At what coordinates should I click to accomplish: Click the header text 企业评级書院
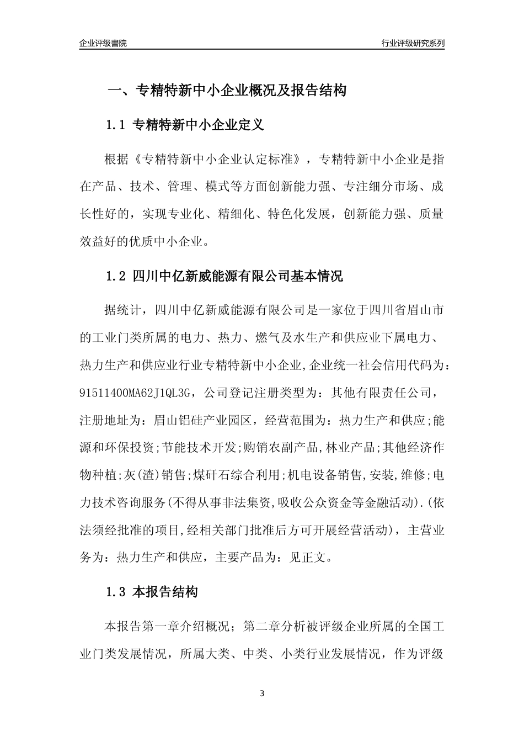point(103,43)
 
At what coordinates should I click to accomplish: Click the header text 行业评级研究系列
point(413,43)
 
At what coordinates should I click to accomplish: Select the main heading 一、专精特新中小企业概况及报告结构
point(226,91)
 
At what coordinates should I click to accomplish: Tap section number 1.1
point(116,125)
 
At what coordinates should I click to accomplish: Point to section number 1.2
point(116,276)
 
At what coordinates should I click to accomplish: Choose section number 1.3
point(116,593)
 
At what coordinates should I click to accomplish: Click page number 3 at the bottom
point(262,693)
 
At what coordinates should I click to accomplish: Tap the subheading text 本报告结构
point(165,593)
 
